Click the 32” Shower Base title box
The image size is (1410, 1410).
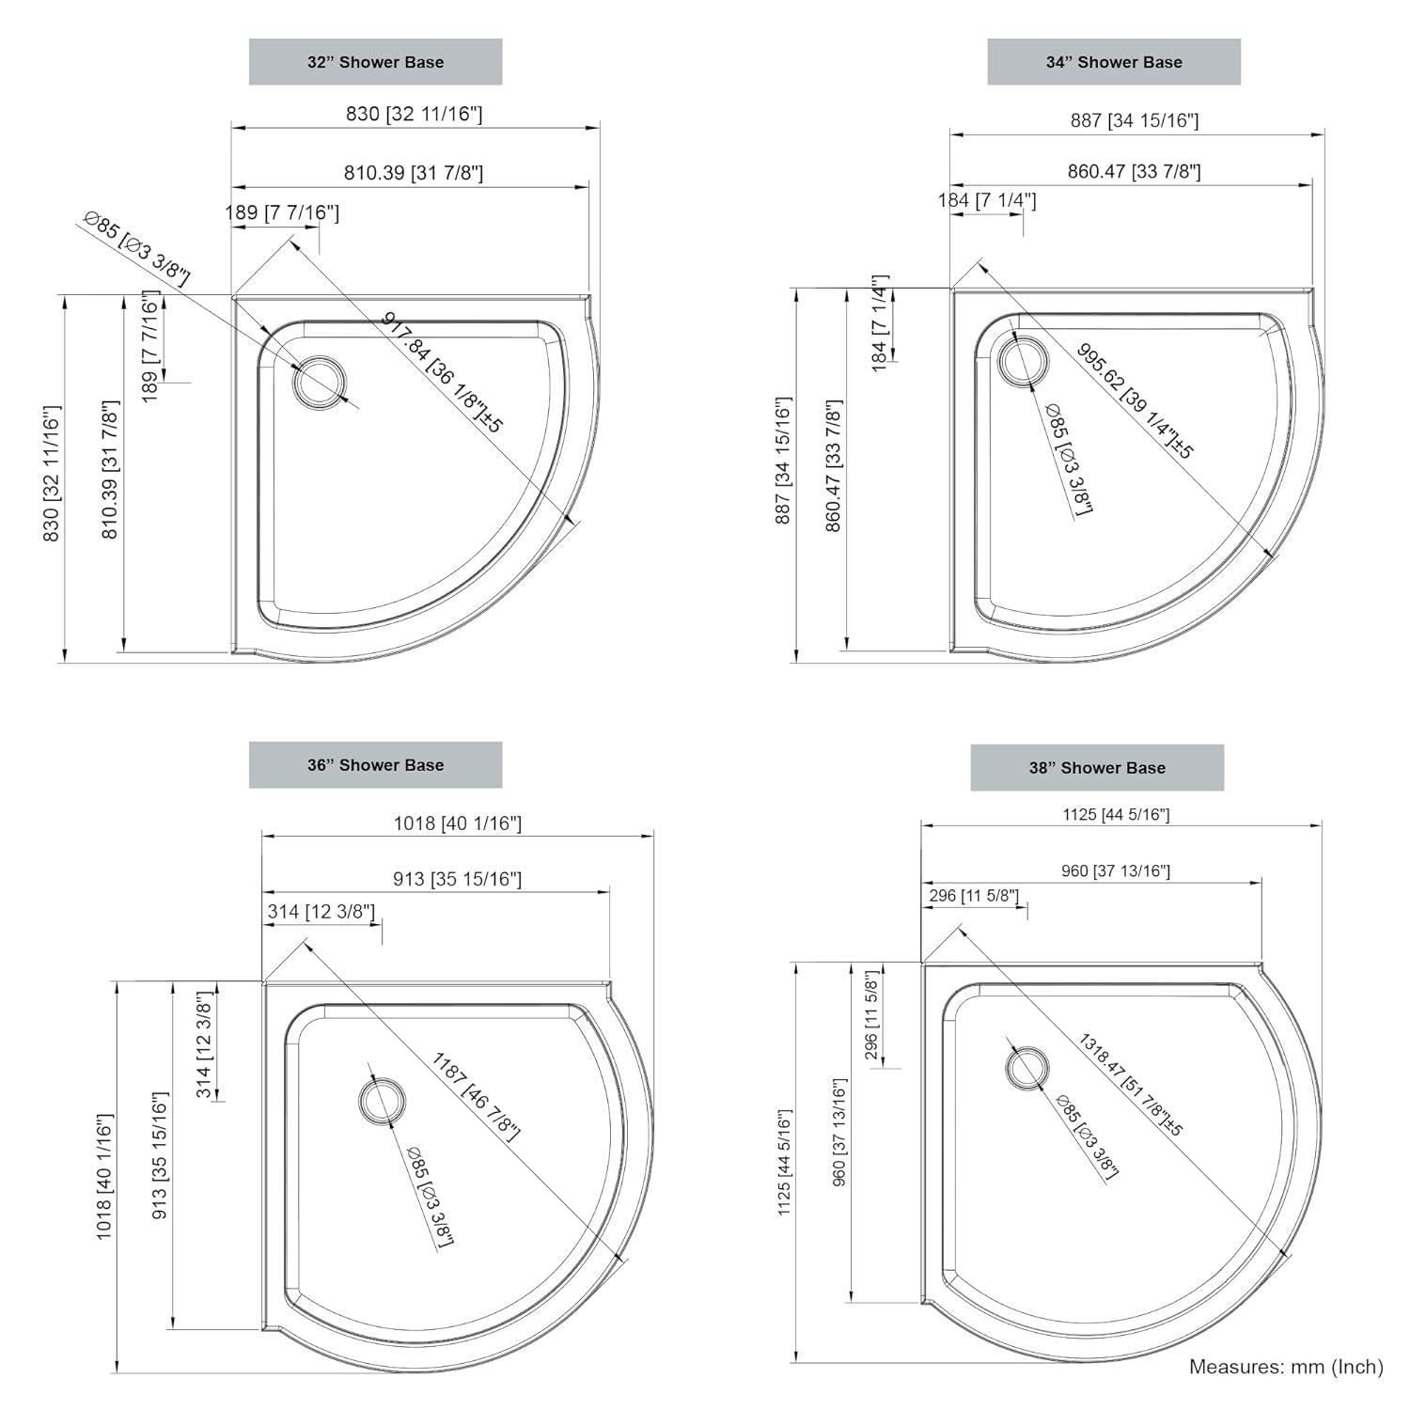(375, 62)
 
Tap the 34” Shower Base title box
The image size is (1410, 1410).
(1114, 62)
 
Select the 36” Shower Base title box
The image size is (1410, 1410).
(375, 765)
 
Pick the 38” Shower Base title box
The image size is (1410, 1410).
(1097, 768)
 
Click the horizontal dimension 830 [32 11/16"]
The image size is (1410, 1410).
(414, 114)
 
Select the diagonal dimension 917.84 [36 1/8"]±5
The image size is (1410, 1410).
(443, 372)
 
